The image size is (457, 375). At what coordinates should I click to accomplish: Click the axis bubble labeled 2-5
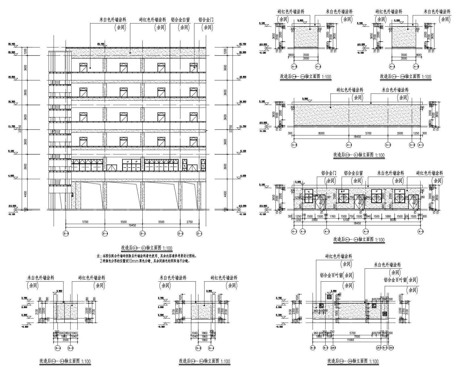(x=66, y=234)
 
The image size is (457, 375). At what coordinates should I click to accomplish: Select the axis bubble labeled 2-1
(x=199, y=234)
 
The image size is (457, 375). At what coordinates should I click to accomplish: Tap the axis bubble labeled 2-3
(x=143, y=234)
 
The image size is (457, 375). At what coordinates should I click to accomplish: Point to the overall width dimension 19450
(x=132, y=225)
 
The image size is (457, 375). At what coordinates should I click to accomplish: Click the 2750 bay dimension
(x=190, y=222)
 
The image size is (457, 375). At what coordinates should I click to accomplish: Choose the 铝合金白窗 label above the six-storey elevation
(x=180, y=20)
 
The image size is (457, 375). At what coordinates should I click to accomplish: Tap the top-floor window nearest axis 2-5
(x=83, y=67)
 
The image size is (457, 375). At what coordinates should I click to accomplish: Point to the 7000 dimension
(x=357, y=337)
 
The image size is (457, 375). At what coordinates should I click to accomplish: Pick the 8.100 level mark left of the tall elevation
(x=12, y=151)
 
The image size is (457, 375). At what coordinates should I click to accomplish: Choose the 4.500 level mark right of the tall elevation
(x=243, y=176)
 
